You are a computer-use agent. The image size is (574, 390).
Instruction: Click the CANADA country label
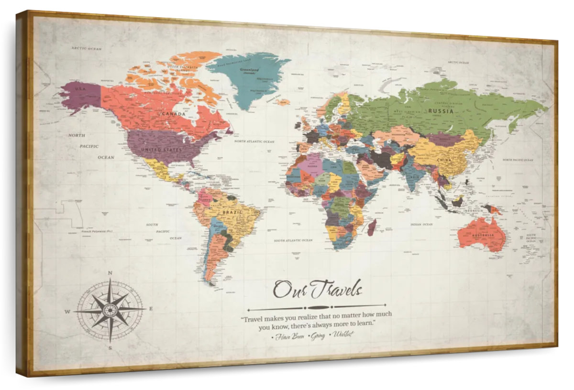click(174, 114)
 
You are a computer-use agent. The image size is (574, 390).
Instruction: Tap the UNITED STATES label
click(161, 150)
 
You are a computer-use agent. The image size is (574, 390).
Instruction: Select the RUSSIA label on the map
click(440, 111)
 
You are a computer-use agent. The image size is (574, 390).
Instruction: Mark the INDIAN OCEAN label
click(421, 224)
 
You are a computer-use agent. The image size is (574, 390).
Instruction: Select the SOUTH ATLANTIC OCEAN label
click(293, 240)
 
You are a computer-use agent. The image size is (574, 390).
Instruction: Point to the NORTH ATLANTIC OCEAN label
click(254, 141)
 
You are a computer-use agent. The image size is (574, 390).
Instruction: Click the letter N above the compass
click(110, 273)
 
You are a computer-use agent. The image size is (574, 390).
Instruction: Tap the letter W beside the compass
click(67, 312)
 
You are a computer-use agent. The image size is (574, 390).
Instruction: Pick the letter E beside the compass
click(151, 309)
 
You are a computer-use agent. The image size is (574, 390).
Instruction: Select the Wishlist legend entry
click(343, 334)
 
